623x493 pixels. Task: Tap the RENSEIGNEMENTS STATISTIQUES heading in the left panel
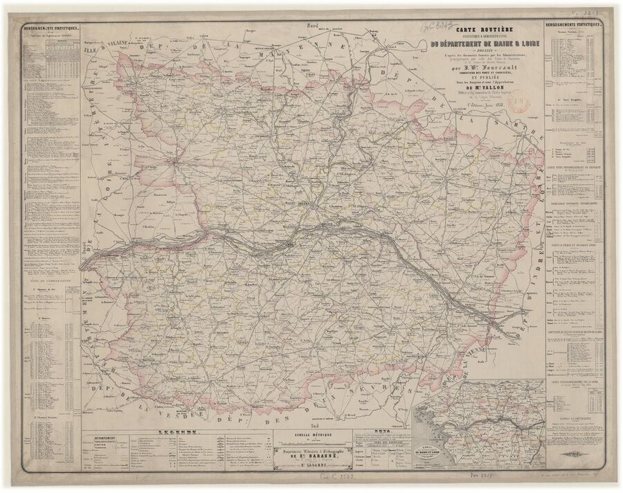51,28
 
